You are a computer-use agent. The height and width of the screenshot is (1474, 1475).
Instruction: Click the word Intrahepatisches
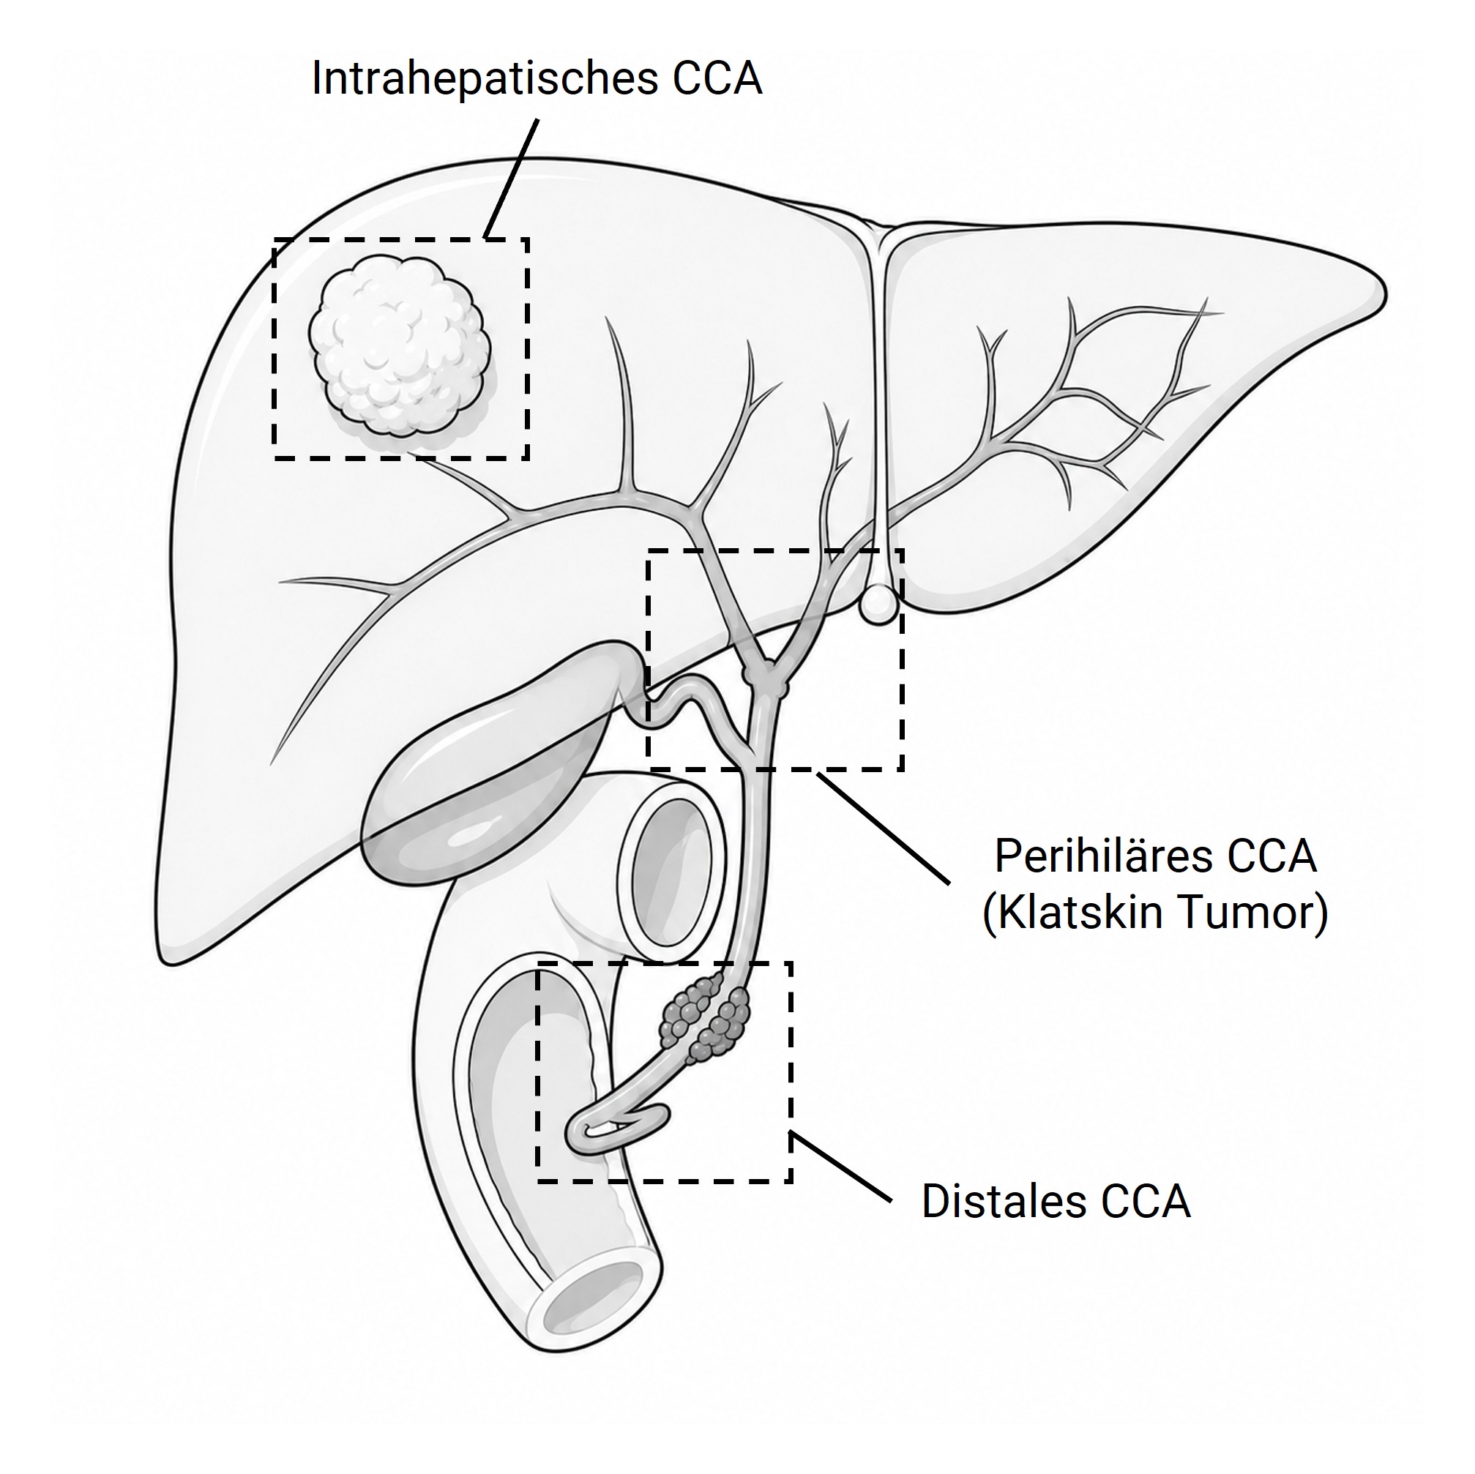pyautogui.click(x=485, y=79)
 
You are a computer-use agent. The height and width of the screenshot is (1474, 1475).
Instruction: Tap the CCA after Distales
pyautogui.click(x=1145, y=1202)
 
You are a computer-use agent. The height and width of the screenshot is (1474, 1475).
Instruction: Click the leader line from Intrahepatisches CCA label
pyautogui.click(x=512, y=177)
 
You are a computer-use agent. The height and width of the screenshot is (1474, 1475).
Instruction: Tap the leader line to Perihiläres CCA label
pyautogui.click(x=884, y=829)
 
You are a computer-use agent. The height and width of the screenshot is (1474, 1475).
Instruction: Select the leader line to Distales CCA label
pyautogui.click(x=841, y=1169)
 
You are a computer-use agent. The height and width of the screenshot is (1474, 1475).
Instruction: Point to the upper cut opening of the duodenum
pyautogui.click(x=672, y=877)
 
